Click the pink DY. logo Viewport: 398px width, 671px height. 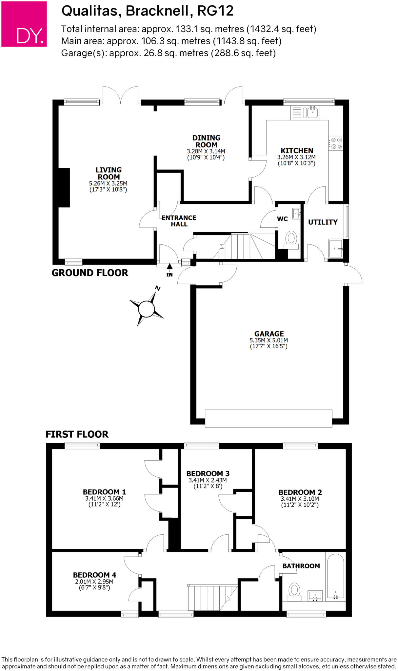[24, 24]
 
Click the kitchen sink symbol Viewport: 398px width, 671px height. [305, 113]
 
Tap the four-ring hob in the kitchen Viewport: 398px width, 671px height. [336, 144]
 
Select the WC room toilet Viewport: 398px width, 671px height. [291, 240]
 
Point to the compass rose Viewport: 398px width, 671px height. [146, 308]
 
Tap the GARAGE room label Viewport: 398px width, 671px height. [269, 334]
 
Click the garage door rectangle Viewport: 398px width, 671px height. [269, 418]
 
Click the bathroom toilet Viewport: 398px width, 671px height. [294, 592]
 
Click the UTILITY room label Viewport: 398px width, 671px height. [323, 222]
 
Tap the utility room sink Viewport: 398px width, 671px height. [336, 249]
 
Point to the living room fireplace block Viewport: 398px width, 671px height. [64, 188]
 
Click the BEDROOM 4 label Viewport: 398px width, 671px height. [94, 575]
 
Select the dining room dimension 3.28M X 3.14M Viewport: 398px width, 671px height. [206, 151]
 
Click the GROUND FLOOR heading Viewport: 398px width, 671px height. [90, 273]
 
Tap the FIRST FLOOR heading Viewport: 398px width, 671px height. [77, 434]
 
